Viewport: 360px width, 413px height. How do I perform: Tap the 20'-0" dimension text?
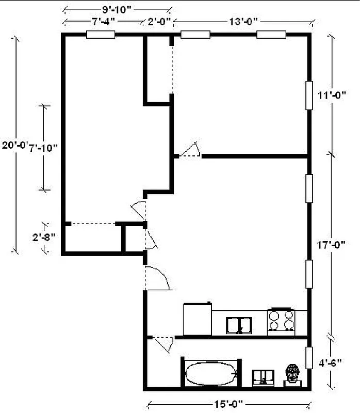[13, 146]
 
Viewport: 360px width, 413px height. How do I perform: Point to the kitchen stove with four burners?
[281, 320]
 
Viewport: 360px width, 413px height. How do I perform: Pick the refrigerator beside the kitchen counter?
[198, 319]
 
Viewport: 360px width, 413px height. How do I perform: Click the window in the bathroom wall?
[309, 358]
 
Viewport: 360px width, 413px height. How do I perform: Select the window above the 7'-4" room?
[100, 35]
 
